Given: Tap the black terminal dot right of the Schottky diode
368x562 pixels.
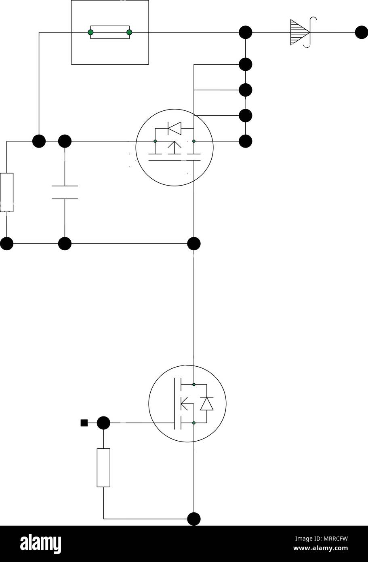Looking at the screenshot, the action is point(362,32).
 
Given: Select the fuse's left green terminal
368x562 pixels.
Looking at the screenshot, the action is point(91,32).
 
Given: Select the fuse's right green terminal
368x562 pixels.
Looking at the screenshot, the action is point(129,32).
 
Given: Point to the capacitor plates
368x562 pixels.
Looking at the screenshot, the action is point(65,192).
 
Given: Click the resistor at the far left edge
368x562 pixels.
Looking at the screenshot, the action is point(7,192).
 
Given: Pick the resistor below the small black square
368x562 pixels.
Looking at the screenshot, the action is point(103,468).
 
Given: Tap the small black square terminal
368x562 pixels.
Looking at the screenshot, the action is point(84,423).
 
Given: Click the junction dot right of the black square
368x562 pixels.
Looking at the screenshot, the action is point(103,423).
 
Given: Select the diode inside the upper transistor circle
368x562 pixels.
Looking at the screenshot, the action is point(175,128).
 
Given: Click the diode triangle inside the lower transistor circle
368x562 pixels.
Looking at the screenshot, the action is point(207,404).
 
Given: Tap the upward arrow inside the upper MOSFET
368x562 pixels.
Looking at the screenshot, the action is point(175,148).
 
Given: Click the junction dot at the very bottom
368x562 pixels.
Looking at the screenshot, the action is point(194,519).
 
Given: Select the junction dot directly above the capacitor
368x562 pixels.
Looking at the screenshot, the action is point(65,141).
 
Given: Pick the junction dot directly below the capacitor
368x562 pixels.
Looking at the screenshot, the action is point(65,244).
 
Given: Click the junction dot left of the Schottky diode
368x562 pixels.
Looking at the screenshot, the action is point(246,32).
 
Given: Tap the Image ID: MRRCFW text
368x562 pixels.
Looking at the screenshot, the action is point(322,539).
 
